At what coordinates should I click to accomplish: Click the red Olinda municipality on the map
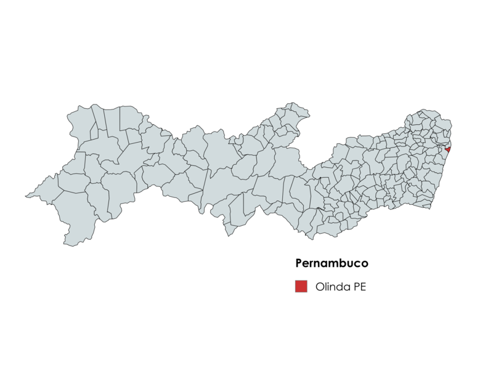tap(448, 149)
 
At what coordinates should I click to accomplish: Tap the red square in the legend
tap(301, 286)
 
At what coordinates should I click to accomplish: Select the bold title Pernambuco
tap(332, 263)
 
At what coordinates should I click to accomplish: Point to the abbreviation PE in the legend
tap(360, 287)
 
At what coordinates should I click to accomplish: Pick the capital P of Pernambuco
tap(299, 263)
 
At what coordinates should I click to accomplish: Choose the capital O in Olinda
tap(320, 287)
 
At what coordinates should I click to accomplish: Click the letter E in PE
tap(364, 287)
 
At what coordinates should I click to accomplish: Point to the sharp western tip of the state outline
tap(26, 197)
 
